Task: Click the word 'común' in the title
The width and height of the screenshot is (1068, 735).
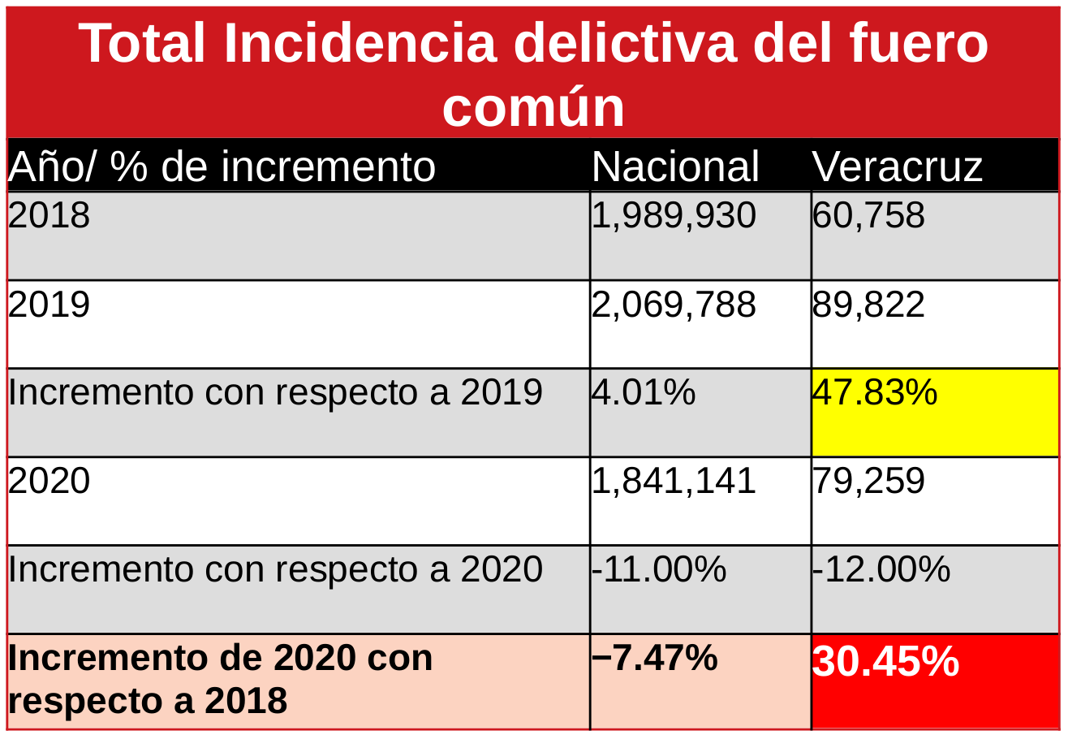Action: [533, 106]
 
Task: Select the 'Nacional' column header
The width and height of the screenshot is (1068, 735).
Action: [675, 166]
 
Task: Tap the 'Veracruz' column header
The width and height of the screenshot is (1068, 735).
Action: [897, 166]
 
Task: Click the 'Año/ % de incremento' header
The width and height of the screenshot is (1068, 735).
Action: [222, 166]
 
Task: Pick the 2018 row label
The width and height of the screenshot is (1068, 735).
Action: [49, 216]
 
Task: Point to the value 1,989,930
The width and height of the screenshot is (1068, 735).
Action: [674, 216]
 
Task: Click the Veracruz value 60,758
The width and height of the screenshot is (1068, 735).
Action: [868, 216]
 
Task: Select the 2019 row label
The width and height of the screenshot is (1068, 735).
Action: [49, 305]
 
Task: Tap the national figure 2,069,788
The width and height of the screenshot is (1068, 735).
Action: [674, 305]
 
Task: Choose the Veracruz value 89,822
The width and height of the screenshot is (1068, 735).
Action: [868, 305]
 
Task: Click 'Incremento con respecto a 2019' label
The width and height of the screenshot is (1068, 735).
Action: [275, 393]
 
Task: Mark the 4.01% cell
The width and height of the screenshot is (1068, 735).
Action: [644, 393]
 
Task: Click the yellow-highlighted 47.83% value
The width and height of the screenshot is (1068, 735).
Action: [875, 393]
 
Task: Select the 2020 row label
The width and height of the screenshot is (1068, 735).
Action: [49, 481]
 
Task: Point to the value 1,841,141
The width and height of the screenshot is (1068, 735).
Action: [674, 481]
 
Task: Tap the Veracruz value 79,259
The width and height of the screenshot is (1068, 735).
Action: [868, 481]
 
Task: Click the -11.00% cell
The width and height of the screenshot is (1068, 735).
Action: [658, 569]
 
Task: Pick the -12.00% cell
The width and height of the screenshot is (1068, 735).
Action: [881, 569]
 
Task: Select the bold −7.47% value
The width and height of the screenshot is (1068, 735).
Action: [655, 658]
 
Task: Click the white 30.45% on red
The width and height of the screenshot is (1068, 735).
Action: [885, 662]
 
